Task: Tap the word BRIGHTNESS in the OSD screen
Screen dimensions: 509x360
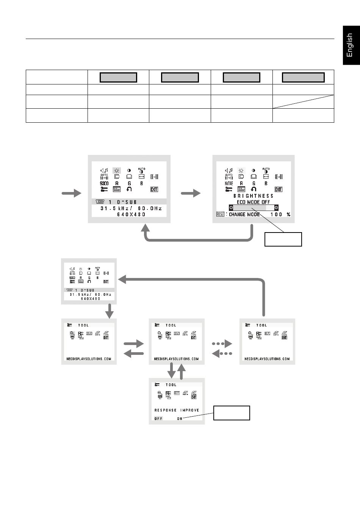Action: pos(253,196)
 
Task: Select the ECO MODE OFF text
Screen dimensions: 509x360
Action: pos(253,202)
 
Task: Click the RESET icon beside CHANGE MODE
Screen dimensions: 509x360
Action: pos(220,214)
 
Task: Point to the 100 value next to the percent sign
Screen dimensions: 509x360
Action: pos(276,214)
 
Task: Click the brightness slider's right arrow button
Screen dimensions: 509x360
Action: pos(276,208)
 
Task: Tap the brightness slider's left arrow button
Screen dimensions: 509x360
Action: pos(231,208)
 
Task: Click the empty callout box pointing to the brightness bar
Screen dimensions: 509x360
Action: pos(283,239)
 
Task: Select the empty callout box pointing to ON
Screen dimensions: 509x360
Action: pos(232,413)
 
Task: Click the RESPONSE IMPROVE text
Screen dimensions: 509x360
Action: pos(177,410)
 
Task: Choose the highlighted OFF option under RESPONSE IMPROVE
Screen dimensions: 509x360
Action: pos(158,418)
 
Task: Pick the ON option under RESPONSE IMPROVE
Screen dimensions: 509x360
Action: pos(180,418)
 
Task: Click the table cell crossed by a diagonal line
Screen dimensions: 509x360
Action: pos(303,101)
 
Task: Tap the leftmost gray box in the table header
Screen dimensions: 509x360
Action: pos(118,77)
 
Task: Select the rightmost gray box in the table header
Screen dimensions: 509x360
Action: pos(303,77)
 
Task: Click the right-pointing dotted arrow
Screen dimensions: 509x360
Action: pos(222,344)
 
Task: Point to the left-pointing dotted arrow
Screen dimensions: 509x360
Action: pos(222,354)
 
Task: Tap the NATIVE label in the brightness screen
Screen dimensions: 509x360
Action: pos(229,183)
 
